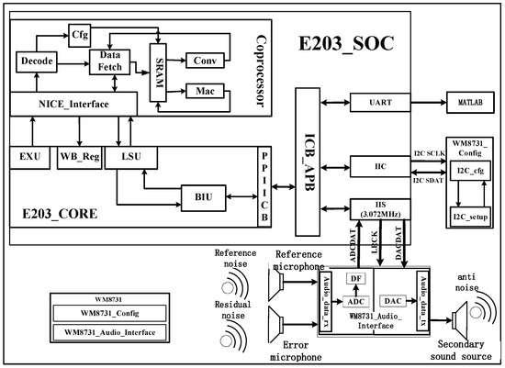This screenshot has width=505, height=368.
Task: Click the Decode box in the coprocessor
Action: click(35, 61)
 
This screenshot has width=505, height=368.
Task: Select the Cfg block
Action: click(81, 34)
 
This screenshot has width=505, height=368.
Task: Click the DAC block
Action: click(391, 300)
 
